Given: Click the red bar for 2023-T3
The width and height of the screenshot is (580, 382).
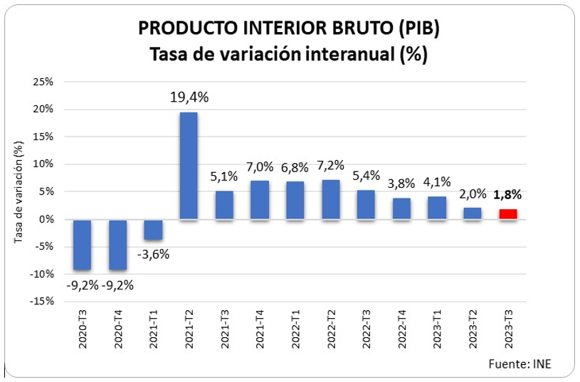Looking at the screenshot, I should [x=508, y=214].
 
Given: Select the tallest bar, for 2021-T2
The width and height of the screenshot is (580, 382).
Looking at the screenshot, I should [x=189, y=166].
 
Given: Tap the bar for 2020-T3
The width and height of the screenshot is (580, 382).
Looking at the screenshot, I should [x=83, y=245].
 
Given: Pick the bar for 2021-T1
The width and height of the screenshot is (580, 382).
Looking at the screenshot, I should [x=153, y=230].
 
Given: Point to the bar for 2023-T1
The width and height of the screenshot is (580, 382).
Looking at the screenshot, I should [x=437, y=208].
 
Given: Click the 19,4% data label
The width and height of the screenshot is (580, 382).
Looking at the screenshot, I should [x=189, y=97].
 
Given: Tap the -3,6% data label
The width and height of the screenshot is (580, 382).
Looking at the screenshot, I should [x=153, y=254].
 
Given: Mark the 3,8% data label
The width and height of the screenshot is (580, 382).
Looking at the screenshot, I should [x=401, y=183].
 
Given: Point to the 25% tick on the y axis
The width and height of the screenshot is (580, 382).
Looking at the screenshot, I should [x=44, y=82].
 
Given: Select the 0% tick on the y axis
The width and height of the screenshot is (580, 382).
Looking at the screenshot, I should [x=47, y=219].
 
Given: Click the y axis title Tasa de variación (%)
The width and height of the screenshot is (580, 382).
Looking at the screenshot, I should [x=19, y=191].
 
